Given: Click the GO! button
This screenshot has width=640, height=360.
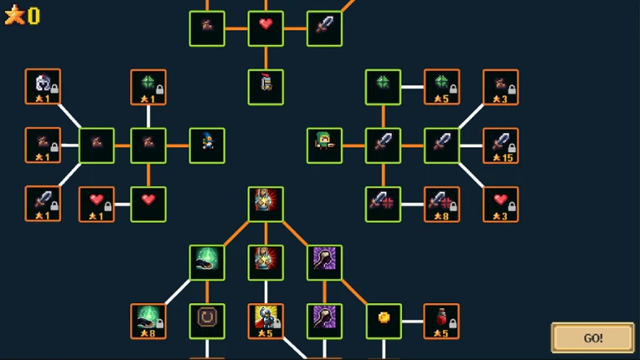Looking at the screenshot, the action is coord(592,338).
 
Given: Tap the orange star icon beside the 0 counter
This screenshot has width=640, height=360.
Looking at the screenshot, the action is coord(15,15).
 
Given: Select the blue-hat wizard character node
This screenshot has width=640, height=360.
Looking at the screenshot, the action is coord(207,146).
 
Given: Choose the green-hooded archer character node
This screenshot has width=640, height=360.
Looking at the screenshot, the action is coord(324,146).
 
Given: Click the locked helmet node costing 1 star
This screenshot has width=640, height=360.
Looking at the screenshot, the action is coord(43,87).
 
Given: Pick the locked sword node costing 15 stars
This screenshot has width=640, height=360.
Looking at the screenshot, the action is coord(501,146).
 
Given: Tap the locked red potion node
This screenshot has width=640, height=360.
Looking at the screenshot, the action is coord(441,321).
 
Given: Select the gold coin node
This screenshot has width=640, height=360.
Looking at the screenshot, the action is coord(384,321).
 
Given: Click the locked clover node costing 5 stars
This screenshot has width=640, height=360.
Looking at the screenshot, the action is coord(442,87).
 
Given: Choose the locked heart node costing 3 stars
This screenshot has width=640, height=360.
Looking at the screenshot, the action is coord(501,204).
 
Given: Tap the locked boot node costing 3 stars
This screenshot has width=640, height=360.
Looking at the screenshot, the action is coord(501,87).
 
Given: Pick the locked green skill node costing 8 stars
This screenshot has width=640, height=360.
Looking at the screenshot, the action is coord(148,321).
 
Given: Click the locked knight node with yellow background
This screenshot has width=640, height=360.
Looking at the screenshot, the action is coord(266,321).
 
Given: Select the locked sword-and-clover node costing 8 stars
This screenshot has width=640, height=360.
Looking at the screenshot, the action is coord(442,204).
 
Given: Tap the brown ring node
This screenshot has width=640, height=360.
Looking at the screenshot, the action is coord(207,321).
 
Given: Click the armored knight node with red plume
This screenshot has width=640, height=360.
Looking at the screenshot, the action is coord(266,87).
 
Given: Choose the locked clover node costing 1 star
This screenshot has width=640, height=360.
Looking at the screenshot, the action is coord(148,87).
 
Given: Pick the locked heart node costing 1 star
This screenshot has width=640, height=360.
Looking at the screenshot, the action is coord(96,204).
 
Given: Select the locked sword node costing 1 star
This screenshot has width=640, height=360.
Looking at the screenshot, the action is coord(43,204).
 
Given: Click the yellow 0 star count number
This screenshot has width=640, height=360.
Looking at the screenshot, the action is coord(34,16).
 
